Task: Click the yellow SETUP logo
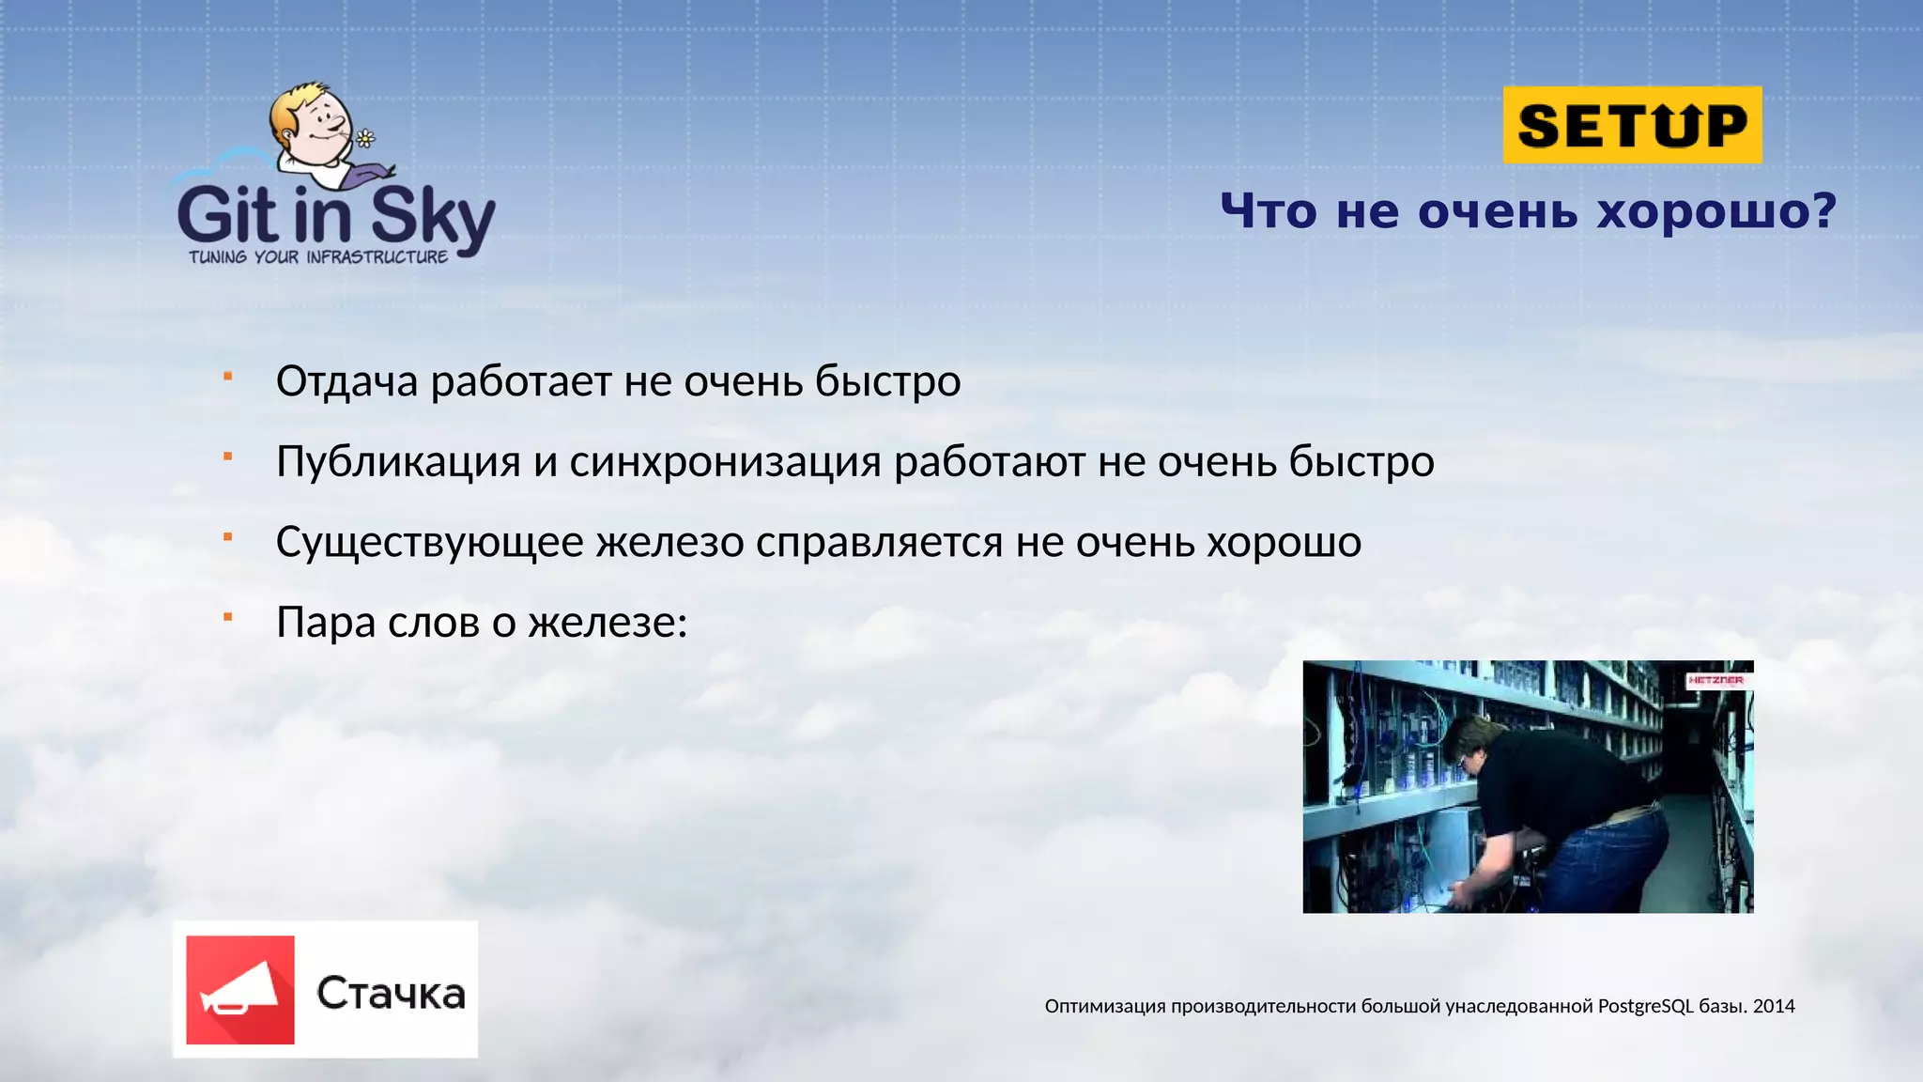tap(1632, 125)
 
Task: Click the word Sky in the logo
tap(432, 217)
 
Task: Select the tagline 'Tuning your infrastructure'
tap(318, 256)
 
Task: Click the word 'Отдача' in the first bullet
tap(346, 381)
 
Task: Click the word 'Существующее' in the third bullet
tap(429, 543)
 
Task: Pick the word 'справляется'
tap(879, 543)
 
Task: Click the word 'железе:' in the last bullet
tap(608, 623)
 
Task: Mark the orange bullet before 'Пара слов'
tap(227, 617)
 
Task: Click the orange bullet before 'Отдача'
tap(227, 377)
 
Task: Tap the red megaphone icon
tap(240, 990)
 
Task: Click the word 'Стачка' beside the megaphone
tap(391, 994)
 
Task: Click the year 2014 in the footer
tap(1774, 1006)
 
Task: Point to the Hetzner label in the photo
tap(1715, 679)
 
